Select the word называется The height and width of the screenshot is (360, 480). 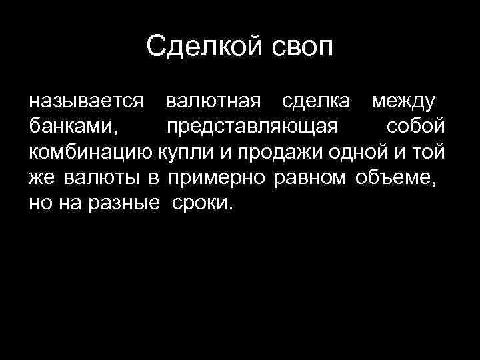tap(86, 102)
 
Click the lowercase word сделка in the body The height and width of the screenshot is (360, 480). tap(316, 102)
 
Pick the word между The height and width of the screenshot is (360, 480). tap(402, 102)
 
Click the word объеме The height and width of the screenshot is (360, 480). tap(394, 178)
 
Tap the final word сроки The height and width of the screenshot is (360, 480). tap(203, 203)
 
